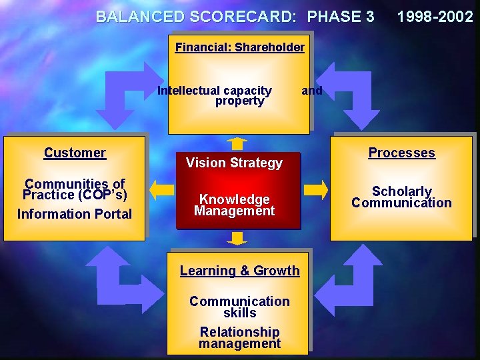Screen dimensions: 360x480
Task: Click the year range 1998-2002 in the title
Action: (x=435, y=17)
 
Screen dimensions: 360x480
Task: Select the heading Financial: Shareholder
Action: (x=239, y=47)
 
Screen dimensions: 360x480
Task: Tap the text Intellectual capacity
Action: (x=215, y=91)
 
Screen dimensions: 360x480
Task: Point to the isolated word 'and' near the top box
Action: (x=311, y=91)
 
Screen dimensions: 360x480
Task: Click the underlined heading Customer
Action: (x=75, y=153)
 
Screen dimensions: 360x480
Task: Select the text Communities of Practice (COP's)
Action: (x=75, y=189)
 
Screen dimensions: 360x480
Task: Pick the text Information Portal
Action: (x=75, y=214)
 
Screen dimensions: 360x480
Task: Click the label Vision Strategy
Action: (x=234, y=163)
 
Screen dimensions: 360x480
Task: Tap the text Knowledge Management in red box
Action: (x=234, y=205)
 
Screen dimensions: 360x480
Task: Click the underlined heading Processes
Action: (x=401, y=153)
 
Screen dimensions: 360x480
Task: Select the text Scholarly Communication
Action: (x=401, y=197)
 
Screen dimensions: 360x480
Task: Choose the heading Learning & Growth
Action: (x=239, y=271)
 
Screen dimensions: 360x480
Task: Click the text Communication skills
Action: (x=239, y=307)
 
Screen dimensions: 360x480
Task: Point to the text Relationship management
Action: (x=239, y=337)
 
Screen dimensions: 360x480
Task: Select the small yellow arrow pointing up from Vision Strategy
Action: (x=236, y=143)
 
